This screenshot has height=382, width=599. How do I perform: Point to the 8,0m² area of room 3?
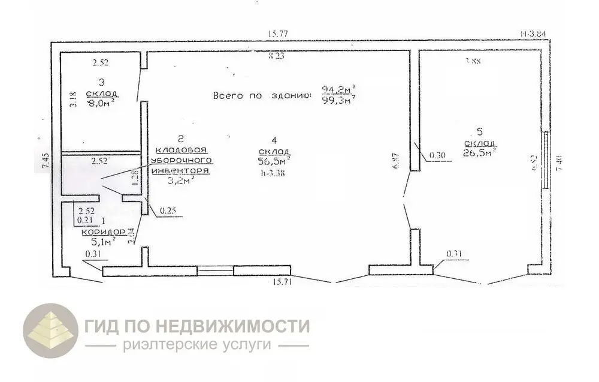(101, 103)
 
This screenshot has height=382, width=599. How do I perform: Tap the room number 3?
(101, 82)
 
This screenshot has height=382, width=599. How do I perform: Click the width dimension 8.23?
(277, 56)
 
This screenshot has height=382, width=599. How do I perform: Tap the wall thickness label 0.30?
(436, 157)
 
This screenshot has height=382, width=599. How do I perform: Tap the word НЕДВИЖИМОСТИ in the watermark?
(233, 327)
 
